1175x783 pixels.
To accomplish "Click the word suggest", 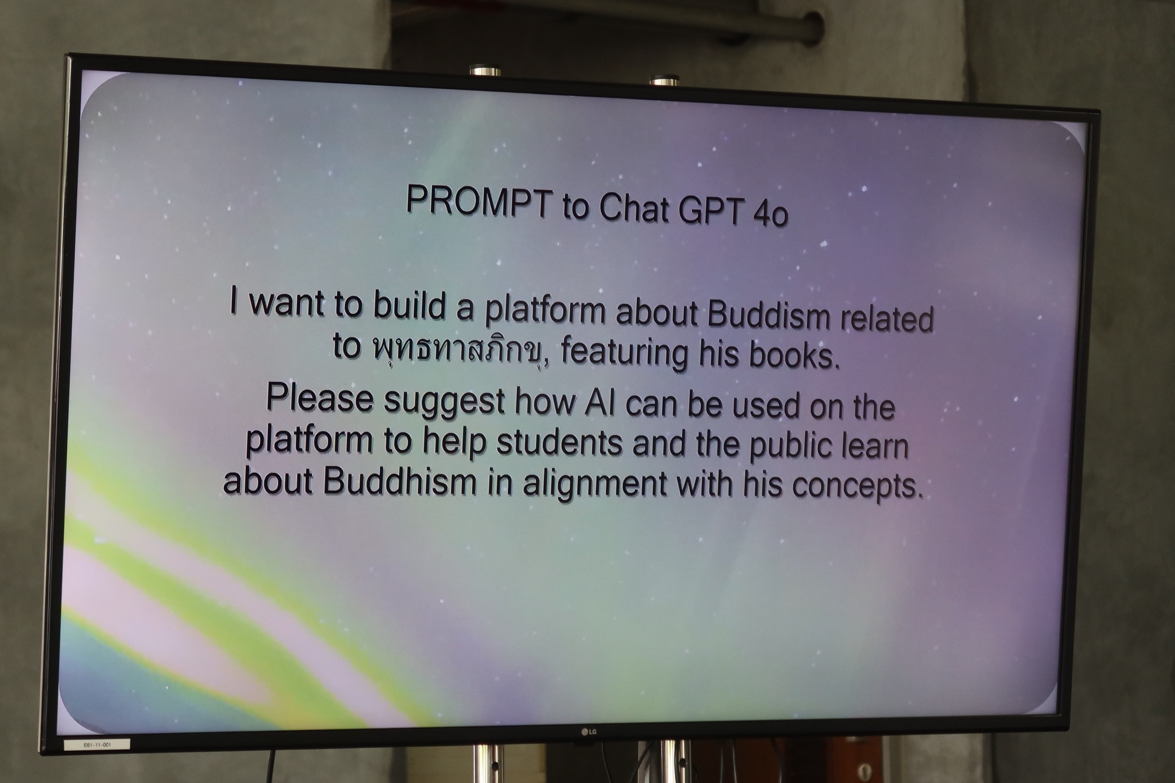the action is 444,402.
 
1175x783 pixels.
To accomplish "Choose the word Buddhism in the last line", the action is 400,480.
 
